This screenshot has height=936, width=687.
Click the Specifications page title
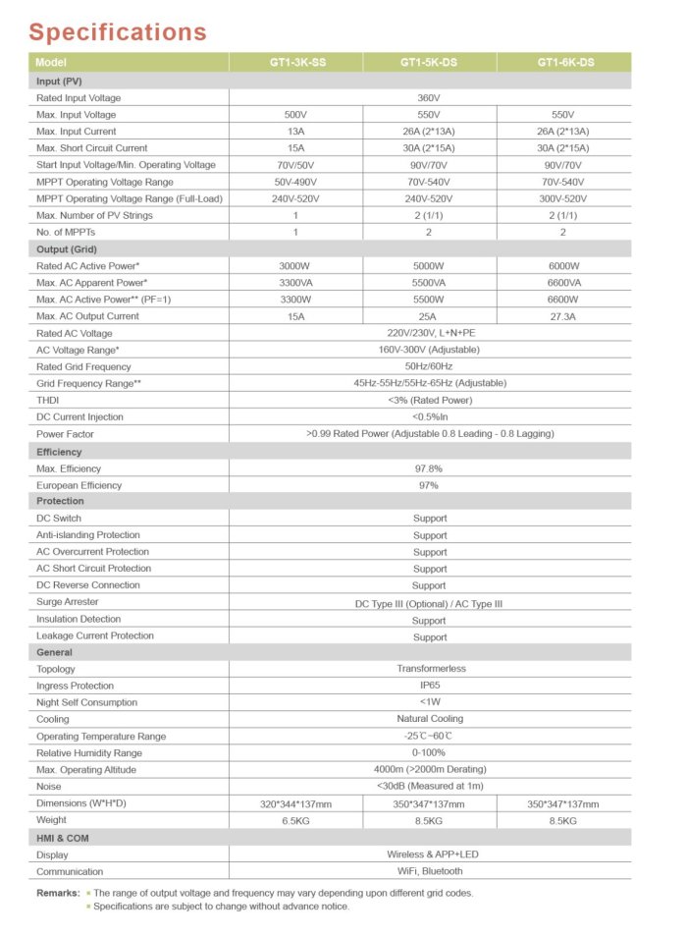tap(117, 31)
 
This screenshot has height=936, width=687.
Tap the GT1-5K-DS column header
tap(429, 63)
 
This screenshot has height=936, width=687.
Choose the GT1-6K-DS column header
tap(564, 63)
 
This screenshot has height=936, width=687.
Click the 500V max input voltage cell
tap(295, 115)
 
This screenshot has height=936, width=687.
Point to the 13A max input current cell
tap(295, 132)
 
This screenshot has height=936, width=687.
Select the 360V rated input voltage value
tap(429, 98)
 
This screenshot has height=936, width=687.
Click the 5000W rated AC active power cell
tap(429, 266)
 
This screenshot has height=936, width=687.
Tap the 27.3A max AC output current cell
tap(563, 316)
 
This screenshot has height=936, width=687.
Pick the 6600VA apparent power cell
tap(563, 283)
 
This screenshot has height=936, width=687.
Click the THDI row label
tap(49, 400)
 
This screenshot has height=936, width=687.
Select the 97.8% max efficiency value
tap(429, 469)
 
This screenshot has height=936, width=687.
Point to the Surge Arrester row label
tap(68, 602)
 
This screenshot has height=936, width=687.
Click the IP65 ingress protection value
tap(429, 686)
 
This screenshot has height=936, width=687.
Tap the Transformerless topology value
tap(429, 669)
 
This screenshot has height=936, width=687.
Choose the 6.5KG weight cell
tap(295, 820)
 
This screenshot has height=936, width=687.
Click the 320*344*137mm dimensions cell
tap(295, 804)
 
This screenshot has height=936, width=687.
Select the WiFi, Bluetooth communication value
tap(429, 871)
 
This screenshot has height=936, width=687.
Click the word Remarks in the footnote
tap(57, 893)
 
